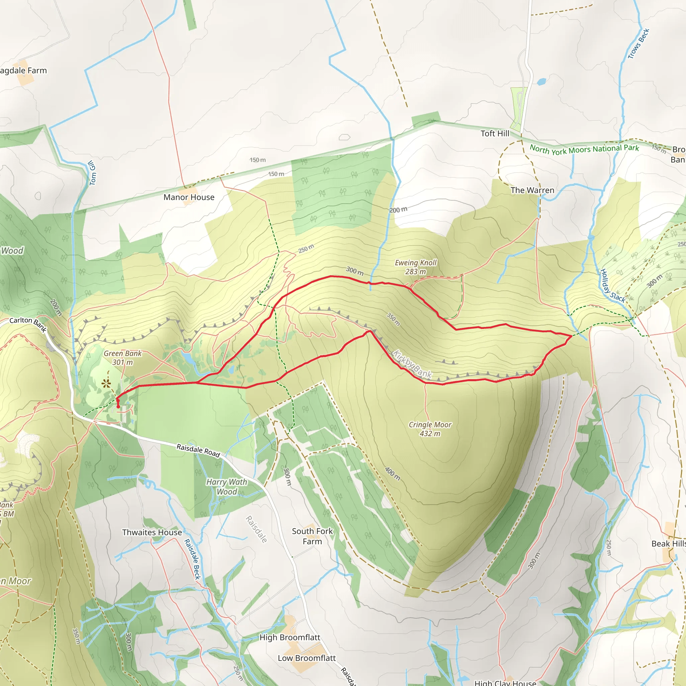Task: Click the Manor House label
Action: pos(189,197)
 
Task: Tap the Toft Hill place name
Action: pos(495,134)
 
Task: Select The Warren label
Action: pos(532,190)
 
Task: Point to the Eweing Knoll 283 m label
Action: pos(415,267)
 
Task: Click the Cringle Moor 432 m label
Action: pos(430,429)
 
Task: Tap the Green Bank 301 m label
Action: pos(123,357)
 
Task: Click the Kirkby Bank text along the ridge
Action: pos(412,364)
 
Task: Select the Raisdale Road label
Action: pos(198,450)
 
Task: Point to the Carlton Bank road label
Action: pos(28,324)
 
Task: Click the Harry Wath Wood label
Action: pos(226,487)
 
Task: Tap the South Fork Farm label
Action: pos(312,536)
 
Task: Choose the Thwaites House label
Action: pos(152,532)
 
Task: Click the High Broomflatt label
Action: pos(290,637)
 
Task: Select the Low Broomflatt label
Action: pos(306,658)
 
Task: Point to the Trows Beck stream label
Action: pos(638,44)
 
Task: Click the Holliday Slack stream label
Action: pos(612,286)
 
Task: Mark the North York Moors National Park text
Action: pos(584,149)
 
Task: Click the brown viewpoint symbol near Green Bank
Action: pos(106,384)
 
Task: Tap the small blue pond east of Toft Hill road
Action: pos(542,82)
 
